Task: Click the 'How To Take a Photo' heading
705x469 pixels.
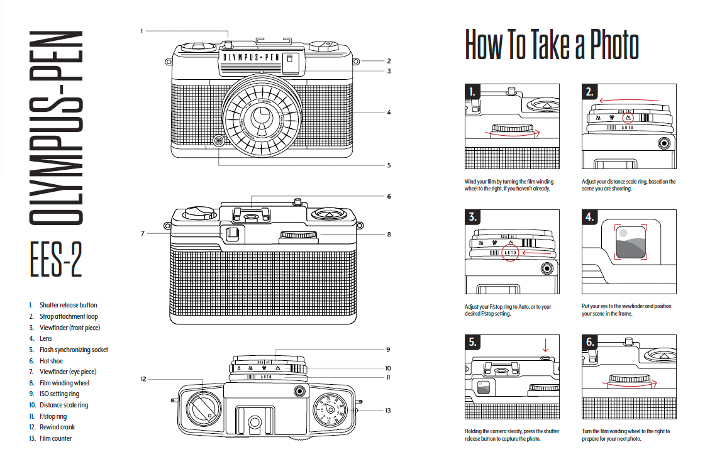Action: coord(552,45)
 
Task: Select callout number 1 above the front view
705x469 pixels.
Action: coord(142,30)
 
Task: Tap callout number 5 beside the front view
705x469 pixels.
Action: coord(389,165)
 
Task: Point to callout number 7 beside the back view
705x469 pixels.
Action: coord(143,233)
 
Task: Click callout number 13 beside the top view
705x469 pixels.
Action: coord(388,411)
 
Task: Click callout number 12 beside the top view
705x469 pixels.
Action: coord(143,379)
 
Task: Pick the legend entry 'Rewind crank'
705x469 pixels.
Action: coord(57,428)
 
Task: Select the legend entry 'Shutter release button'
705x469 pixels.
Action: coord(68,306)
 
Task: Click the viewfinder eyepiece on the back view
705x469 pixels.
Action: coord(231,234)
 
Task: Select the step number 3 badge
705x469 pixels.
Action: coord(473,218)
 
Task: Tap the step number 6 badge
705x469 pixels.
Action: coord(590,343)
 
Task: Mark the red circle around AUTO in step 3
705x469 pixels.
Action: coord(511,252)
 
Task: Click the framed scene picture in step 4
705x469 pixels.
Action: coord(629,241)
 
